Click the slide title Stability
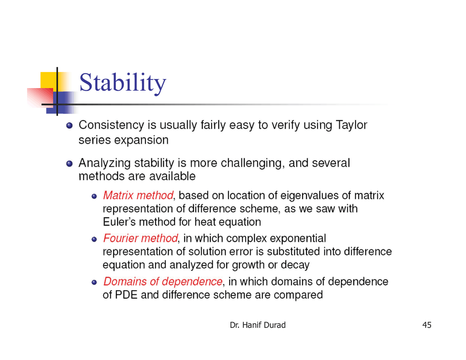[x=122, y=83]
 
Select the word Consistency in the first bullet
[x=111, y=125]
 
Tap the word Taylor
[x=351, y=125]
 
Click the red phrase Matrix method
[x=138, y=195]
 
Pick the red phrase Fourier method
[x=141, y=238]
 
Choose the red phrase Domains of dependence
[x=163, y=281]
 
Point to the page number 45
[x=427, y=325]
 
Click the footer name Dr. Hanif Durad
[x=257, y=325]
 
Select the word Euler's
[x=119, y=222]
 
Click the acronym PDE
[x=126, y=294]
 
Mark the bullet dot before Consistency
[x=69, y=126]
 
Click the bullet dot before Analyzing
[x=69, y=163]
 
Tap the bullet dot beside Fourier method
[x=94, y=239]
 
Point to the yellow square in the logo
[x=48, y=80]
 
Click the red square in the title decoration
[x=40, y=98]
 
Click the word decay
[x=295, y=265]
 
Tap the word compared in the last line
[x=298, y=295]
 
